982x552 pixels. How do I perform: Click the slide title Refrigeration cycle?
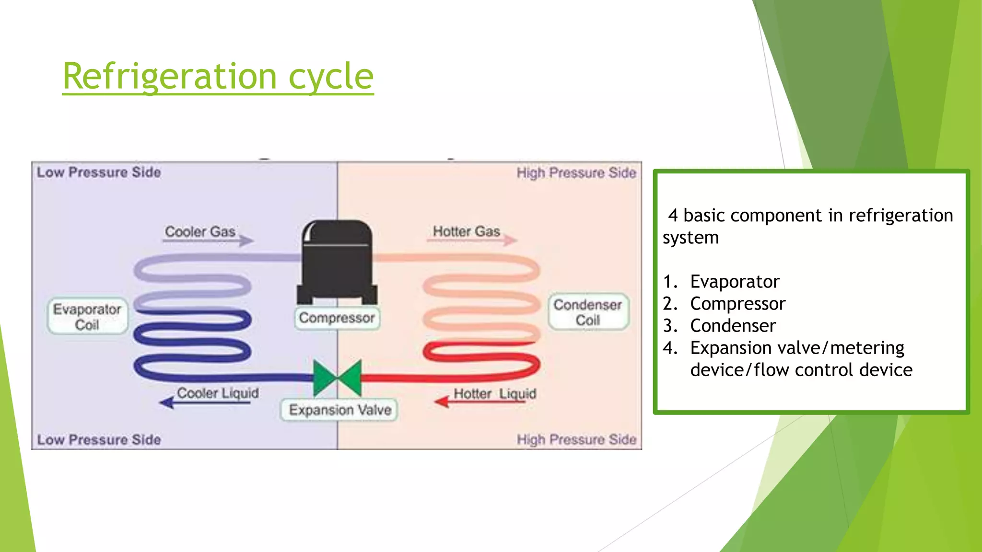(x=218, y=76)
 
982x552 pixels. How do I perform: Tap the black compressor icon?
(x=337, y=262)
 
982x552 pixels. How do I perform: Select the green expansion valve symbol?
(x=337, y=378)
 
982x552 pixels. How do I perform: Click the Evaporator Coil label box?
(x=87, y=317)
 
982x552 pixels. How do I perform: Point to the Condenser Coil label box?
(x=588, y=312)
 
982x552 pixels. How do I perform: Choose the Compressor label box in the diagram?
(x=337, y=318)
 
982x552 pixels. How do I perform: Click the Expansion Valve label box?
(x=339, y=410)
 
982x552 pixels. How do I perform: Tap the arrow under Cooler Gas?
(x=209, y=241)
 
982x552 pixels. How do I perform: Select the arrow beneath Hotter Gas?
(x=472, y=240)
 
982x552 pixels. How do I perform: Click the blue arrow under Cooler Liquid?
(x=205, y=402)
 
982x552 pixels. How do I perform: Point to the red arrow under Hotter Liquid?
(x=479, y=402)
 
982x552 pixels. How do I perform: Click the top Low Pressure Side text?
(x=99, y=172)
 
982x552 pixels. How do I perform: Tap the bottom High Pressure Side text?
(x=576, y=439)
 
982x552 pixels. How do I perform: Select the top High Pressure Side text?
(x=576, y=172)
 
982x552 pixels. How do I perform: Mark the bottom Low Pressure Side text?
(x=99, y=439)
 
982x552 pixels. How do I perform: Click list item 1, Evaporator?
(x=735, y=282)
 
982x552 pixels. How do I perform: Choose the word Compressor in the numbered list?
(x=737, y=304)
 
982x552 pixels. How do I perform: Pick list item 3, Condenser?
(x=733, y=326)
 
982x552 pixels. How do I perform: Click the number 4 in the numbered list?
(x=669, y=348)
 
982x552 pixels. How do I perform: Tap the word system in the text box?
(x=690, y=238)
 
